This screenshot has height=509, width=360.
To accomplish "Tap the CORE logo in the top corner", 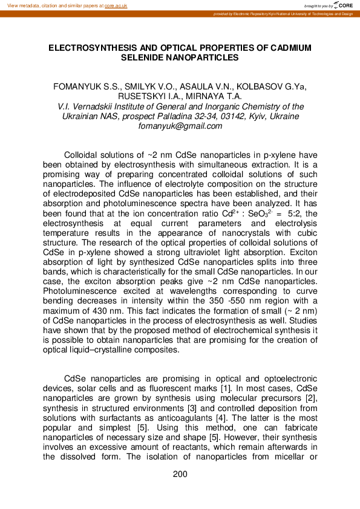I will pos(345,5).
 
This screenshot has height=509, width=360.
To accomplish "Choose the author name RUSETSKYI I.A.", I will pos(154,96).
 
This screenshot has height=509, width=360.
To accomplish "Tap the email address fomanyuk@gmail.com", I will pos(180,126).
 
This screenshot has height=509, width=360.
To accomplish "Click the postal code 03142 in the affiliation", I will pos(233,116).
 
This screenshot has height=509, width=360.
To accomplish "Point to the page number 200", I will pos(180,475).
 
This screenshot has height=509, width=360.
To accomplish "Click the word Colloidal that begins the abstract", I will pos(83,155).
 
